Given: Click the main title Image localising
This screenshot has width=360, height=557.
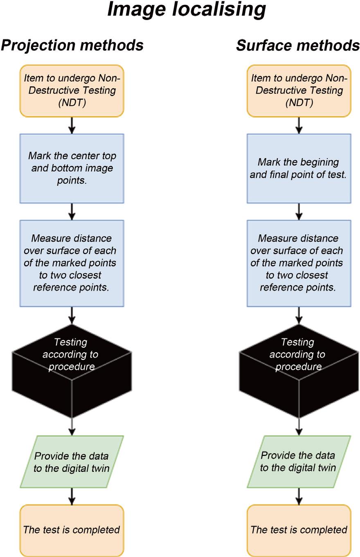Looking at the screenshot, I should click(x=186, y=10).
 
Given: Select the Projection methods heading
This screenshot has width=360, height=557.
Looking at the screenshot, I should click(x=72, y=45).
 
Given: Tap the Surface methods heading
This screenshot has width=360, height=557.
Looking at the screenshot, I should click(x=298, y=45).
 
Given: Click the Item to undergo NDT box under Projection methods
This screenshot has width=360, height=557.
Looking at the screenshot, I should click(x=72, y=91).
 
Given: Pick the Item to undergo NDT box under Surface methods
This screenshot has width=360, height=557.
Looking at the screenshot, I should click(x=299, y=91).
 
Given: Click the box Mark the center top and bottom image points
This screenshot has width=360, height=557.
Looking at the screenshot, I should click(x=72, y=168).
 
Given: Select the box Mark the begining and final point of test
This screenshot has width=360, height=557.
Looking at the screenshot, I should click(x=299, y=168).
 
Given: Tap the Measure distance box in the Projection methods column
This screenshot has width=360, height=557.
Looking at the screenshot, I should click(x=72, y=263).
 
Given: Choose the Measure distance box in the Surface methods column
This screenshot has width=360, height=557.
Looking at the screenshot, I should click(x=299, y=263).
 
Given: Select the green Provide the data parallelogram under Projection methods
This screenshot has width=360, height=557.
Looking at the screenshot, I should click(x=72, y=462).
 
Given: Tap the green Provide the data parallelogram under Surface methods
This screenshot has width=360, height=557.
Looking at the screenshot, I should click(x=299, y=462).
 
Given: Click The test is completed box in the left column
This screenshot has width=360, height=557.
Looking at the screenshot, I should click(x=72, y=530).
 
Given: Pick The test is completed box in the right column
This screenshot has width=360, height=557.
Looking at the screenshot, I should click(x=299, y=530).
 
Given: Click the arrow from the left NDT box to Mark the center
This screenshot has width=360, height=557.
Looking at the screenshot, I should click(x=72, y=125).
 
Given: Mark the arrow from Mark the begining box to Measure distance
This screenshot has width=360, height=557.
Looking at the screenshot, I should click(x=299, y=211).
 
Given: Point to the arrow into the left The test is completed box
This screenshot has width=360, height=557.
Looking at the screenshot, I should click(x=72, y=496).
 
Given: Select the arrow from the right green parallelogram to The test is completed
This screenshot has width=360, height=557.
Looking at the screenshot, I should click(x=299, y=496).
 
